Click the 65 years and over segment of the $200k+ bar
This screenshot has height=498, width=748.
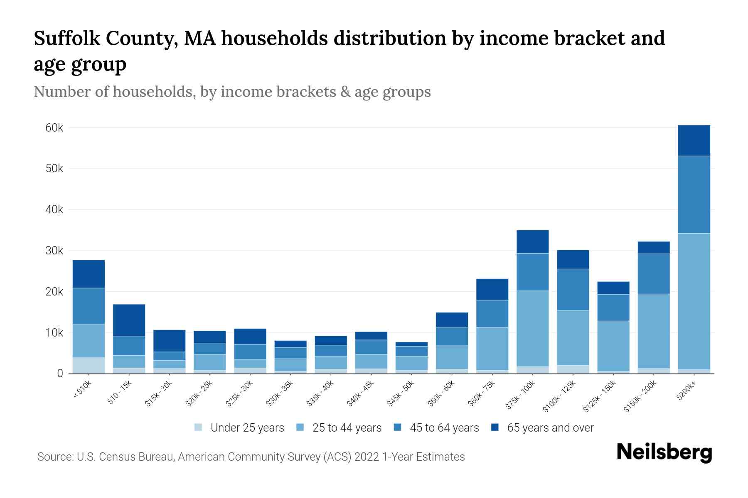click(694, 140)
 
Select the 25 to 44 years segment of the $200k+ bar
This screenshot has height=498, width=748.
click(694, 301)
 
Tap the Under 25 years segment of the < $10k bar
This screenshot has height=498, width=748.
click(89, 365)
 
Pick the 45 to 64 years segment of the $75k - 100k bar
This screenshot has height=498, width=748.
click(532, 272)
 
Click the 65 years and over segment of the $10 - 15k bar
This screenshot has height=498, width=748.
click(129, 320)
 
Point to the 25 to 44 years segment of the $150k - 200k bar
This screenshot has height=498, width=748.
click(653, 331)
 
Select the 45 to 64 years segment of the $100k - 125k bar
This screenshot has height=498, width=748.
click(573, 290)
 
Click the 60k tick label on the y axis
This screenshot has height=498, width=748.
click(54, 128)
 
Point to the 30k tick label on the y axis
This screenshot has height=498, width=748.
click(54, 251)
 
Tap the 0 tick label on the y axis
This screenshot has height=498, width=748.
click(60, 373)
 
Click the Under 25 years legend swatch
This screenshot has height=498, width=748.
click(198, 427)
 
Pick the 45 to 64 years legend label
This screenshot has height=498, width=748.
click(444, 427)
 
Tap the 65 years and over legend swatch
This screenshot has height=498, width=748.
click(495, 427)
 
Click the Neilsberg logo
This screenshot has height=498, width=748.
click(664, 452)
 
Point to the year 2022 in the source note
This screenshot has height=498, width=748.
click(367, 457)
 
